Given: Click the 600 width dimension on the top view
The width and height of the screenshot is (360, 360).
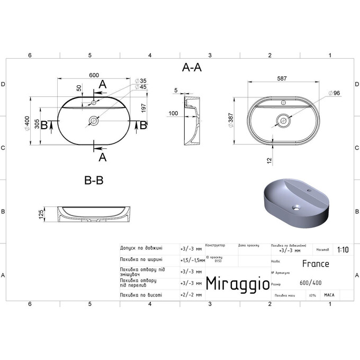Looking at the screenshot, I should point(94,75).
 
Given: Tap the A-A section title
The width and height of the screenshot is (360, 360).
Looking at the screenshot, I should point(191,67).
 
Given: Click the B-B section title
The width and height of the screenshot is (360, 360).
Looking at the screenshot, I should point(94,181).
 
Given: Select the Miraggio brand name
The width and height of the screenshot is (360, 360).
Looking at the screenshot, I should point(236,283).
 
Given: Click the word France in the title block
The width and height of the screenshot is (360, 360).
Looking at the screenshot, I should point(316,264).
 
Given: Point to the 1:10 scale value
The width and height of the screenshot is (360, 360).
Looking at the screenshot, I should point(343,249).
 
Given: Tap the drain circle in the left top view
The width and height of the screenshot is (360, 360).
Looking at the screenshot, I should point(94,121).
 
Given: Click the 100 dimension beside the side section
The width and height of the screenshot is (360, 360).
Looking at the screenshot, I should point(173,113).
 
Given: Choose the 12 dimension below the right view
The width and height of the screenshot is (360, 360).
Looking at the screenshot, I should point(271,159).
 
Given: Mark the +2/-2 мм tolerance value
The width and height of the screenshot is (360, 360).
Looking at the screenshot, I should point(191,294).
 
